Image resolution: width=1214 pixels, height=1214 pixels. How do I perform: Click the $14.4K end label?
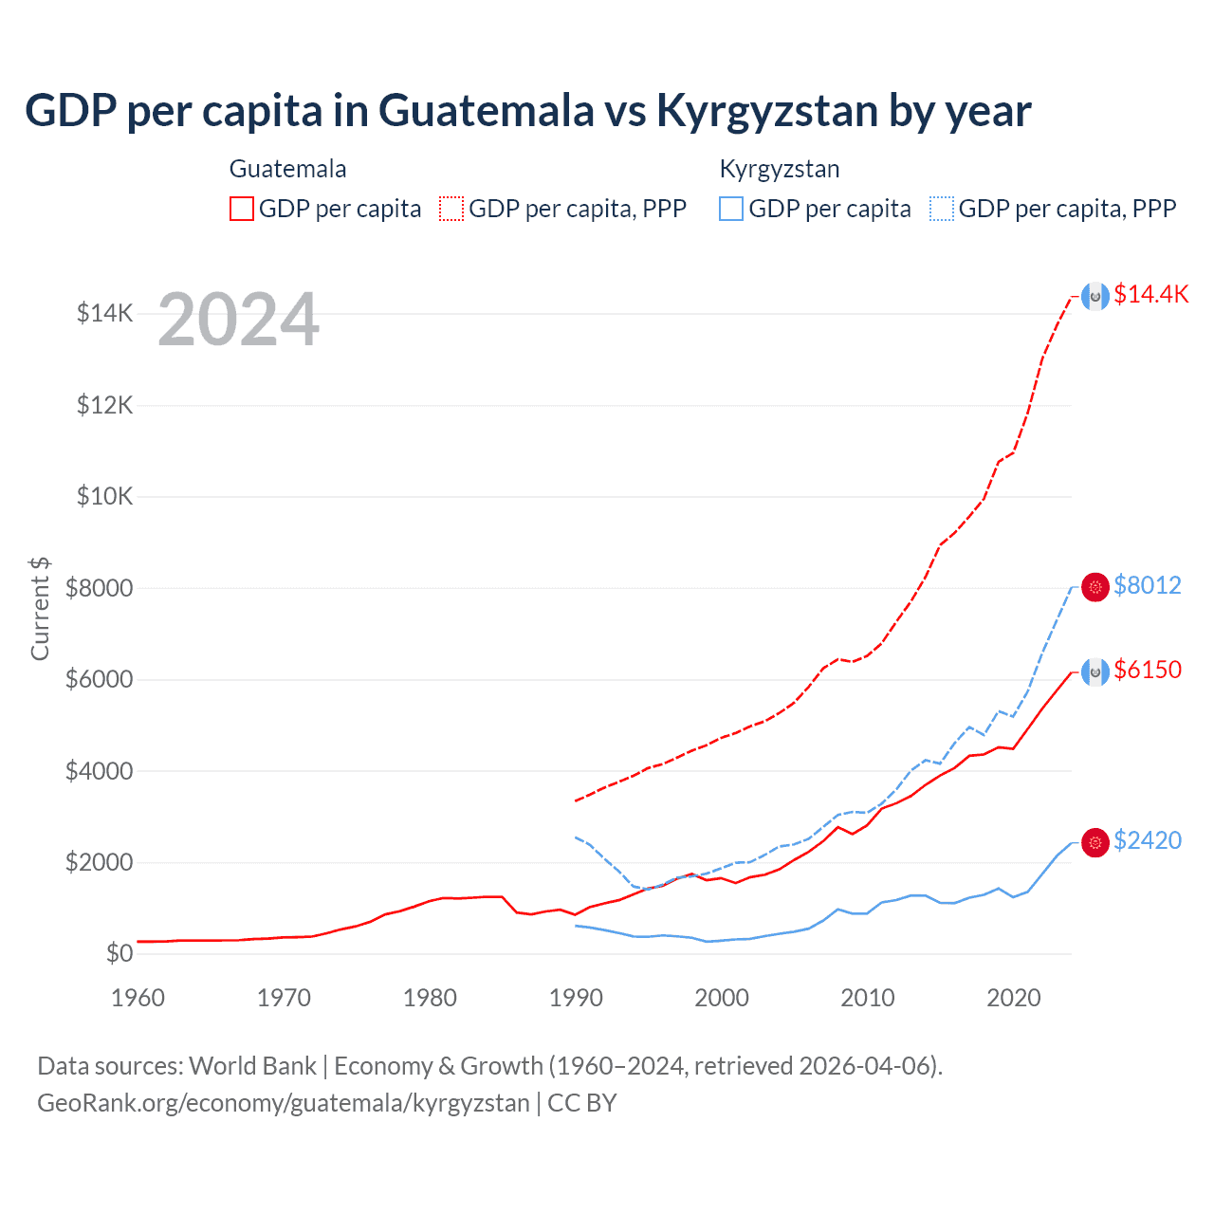[1150, 294]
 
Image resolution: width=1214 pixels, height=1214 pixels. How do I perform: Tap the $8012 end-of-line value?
[1147, 585]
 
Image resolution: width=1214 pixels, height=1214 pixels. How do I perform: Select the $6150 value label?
[1147, 670]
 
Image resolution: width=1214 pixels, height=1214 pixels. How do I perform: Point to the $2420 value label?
[1147, 840]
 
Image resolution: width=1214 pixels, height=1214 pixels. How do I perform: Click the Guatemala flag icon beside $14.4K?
[1095, 297]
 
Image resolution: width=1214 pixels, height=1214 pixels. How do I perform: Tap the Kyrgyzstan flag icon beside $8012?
[1095, 588]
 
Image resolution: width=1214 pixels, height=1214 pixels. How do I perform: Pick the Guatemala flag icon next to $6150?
[1095, 672]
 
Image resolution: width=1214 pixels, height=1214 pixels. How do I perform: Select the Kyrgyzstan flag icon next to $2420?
[1095, 842]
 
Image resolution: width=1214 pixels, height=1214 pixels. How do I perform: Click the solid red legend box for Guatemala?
[242, 209]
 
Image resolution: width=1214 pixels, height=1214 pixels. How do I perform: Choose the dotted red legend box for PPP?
[451, 209]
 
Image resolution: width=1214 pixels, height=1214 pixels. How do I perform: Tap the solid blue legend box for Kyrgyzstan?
[731, 209]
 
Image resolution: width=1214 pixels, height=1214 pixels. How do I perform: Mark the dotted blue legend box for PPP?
[942, 209]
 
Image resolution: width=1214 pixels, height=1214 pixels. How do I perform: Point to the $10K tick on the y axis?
[104, 496]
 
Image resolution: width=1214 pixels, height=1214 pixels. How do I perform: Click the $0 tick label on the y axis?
[119, 953]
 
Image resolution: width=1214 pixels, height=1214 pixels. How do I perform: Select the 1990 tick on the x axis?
[576, 998]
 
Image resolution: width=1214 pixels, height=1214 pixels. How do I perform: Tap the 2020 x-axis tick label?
[1014, 998]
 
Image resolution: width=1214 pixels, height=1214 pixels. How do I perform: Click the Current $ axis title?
[40, 609]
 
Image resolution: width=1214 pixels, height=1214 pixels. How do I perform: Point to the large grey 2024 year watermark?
[238, 320]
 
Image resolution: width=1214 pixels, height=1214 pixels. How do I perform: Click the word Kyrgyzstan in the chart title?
[766, 111]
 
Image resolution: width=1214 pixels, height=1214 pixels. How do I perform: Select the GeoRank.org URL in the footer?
[284, 1103]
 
